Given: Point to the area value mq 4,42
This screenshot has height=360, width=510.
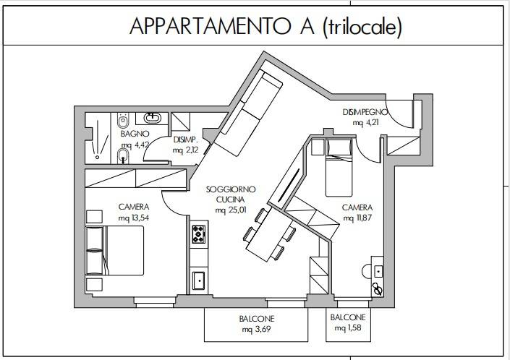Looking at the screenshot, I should point(135,145).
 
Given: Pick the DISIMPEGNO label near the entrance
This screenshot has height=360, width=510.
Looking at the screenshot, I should point(365,113).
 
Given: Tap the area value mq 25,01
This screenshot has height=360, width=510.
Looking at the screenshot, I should point(230,210).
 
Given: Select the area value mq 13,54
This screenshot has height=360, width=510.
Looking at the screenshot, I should point(133,217).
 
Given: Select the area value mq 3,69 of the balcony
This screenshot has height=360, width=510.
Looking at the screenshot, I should point(258,330).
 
